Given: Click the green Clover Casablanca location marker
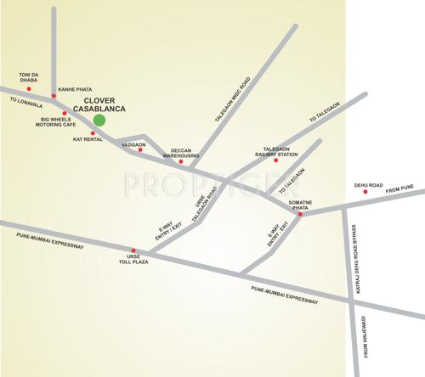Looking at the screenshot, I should tap(99, 120).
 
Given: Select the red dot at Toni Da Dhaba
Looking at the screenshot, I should tap(28, 87).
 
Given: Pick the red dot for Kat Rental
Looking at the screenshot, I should tap(93, 133).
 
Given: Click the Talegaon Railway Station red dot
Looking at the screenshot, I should tap(275, 160).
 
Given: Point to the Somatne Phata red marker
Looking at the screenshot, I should tap(301, 214).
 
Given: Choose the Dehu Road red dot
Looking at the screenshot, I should tap(365, 192).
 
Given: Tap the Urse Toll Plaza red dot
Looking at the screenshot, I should tap(133, 250).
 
